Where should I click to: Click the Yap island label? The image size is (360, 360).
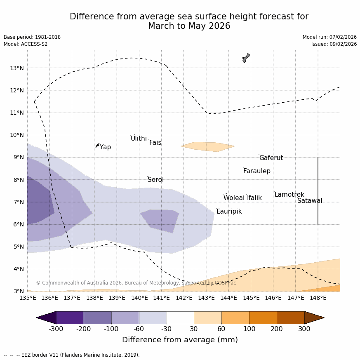(x=105, y=147)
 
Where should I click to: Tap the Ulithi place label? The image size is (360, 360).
(x=139, y=139)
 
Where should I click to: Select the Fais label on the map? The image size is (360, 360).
(x=155, y=143)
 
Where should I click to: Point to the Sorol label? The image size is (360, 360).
(x=155, y=180)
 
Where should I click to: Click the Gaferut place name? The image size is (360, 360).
(x=271, y=158)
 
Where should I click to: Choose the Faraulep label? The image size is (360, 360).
(x=256, y=171)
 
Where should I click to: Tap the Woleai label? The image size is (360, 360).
(x=234, y=198)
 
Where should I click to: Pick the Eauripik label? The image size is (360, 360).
(x=229, y=212)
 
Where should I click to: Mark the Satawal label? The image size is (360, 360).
(x=310, y=201)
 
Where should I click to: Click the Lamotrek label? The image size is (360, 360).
(x=289, y=195)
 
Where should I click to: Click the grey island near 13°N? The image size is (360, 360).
(x=246, y=58)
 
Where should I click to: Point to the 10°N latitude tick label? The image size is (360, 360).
(x=16, y=135)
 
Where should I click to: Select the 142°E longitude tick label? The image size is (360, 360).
(x=184, y=298)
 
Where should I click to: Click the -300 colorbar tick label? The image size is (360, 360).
(x=56, y=329)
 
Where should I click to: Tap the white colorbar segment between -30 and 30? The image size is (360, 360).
(x=180, y=318)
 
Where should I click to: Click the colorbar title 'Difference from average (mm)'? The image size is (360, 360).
(x=180, y=340)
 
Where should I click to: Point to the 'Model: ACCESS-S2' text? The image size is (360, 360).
(x=26, y=44)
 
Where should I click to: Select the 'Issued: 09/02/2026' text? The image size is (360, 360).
(x=334, y=44)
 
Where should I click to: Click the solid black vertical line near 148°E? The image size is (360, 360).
(x=318, y=191)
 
